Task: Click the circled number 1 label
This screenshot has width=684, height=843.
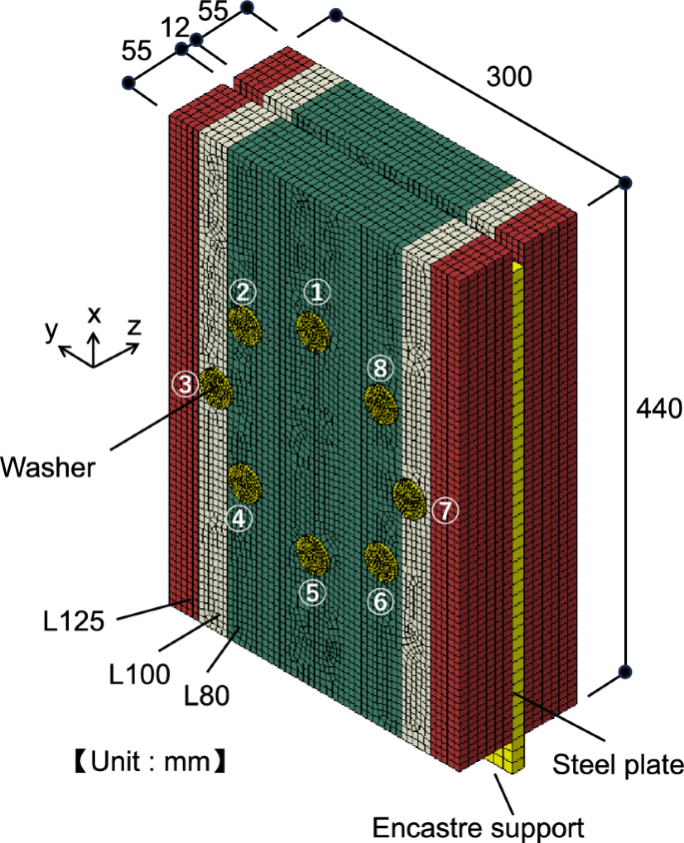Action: pos(317,292)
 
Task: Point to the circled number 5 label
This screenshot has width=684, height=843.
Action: pos(314,591)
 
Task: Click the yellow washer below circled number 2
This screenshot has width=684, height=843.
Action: pos(244,324)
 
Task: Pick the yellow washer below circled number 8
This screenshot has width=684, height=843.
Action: pos(379,403)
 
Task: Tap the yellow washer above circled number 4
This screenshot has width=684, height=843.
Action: pos(244,482)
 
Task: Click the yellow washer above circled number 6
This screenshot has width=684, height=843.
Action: pos(379,560)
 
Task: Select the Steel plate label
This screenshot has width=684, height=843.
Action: pos(618,765)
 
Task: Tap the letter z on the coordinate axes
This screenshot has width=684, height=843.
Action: pos(133,327)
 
